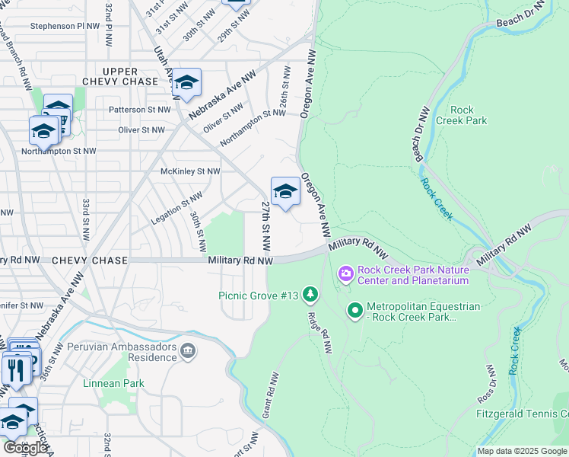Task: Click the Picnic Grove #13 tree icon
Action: pyautogui.click(x=310, y=294)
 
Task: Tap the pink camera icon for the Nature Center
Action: pyautogui.click(x=346, y=273)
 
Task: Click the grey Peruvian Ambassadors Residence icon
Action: pyautogui.click(x=188, y=351)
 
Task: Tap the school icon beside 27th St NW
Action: pyautogui.click(x=285, y=191)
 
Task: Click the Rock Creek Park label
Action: pyautogui.click(x=467, y=115)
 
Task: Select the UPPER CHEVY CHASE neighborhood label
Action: pyautogui.click(x=120, y=76)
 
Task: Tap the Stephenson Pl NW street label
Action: pyautogui.click(x=65, y=26)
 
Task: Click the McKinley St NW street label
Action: pyautogui.click(x=189, y=171)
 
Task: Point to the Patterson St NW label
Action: pyautogui.click(x=141, y=110)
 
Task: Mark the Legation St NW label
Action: pyautogui.click(x=176, y=208)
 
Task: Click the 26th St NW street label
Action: pyautogui.click(x=283, y=92)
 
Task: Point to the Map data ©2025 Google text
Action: pyautogui.click(x=522, y=451)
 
